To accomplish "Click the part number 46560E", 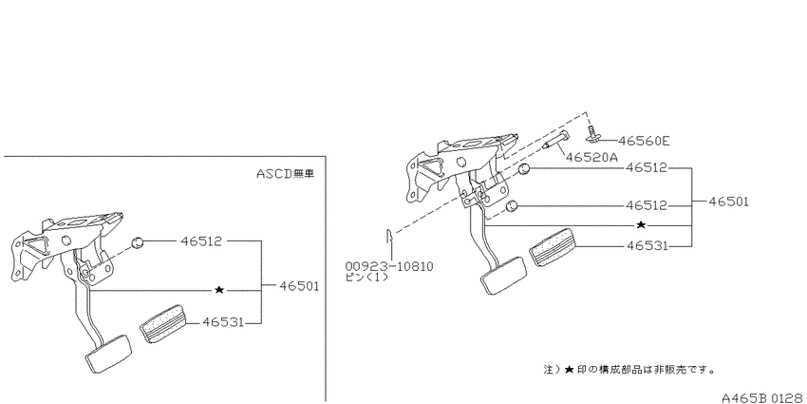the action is coord(644,141).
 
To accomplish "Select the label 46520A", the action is coord(591,157).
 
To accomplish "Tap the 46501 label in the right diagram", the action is coord(728,202).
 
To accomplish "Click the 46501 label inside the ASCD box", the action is coord(299,286).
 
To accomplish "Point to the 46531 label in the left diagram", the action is coord(222,322).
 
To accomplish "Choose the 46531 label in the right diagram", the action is coord(647,246).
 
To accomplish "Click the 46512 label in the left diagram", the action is coord(201,240).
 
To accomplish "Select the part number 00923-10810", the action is coord(389,266).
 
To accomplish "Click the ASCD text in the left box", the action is coord(273,174).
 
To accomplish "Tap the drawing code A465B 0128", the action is coord(763,397).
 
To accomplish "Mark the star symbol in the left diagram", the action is coord(219,290).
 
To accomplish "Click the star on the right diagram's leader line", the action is coord(641,224).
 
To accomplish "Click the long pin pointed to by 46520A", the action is coord(555,140).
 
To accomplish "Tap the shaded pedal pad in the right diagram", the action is coord(552,247).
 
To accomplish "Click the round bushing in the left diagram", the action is coord(137,242).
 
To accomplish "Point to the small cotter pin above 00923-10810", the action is coord(389,237).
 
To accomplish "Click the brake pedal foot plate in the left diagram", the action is coord(108,354).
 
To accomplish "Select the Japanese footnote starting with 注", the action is coord(629,370).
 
